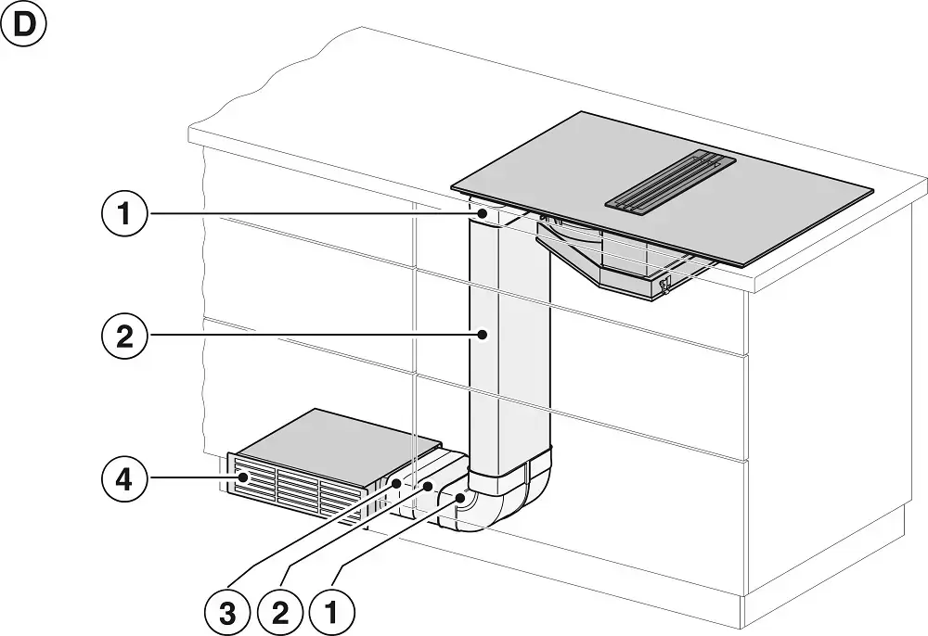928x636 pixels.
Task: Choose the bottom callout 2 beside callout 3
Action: pos(279,611)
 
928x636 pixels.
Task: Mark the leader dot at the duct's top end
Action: pos(483,214)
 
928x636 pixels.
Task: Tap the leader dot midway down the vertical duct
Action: pos(483,335)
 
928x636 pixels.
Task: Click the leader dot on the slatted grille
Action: pos(244,477)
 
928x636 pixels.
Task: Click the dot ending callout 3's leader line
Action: pos(396,483)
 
